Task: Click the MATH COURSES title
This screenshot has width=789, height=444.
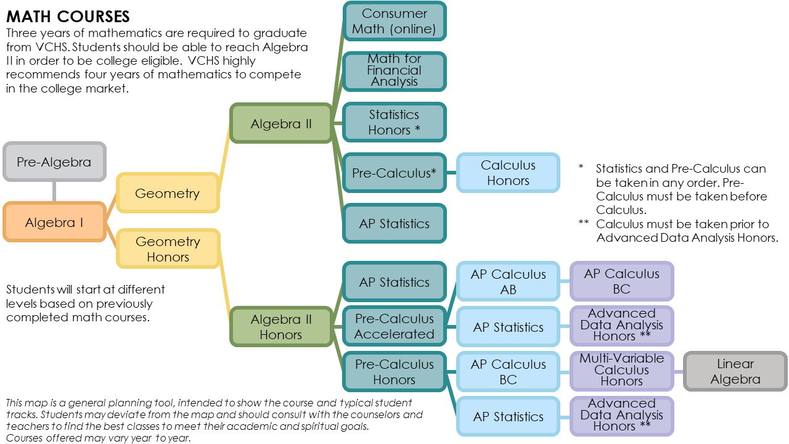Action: (68, 16)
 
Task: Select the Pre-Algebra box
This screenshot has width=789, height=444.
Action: (54, 162)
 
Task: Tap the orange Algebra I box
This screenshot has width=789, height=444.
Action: (54, 222)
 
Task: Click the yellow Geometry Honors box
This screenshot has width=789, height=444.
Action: (168, 249)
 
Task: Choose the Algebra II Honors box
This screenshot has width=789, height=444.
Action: (280, 327)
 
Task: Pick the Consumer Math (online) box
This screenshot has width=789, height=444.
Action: (394, 21)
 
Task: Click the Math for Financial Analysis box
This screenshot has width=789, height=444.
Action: (394, 70)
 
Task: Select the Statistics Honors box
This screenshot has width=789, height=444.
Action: (394, 122)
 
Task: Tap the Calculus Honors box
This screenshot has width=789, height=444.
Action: (508, 173)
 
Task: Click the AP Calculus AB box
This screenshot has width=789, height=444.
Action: (508, 281)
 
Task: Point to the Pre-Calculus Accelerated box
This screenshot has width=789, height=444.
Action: (394, 326)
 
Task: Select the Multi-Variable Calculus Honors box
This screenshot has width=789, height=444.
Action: (621, 369)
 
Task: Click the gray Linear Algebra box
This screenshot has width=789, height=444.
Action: (735, 371)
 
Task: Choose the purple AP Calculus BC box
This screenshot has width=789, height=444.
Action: (621, 281)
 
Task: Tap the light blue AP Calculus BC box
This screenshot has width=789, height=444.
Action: (508, 371)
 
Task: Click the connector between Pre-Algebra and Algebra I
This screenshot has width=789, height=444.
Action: (54, 191)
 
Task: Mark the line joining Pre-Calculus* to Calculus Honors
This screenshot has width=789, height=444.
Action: (451, 173)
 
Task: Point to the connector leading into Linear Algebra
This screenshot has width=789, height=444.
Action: (679, 371)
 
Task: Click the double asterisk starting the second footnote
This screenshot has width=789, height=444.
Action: (584, 224)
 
